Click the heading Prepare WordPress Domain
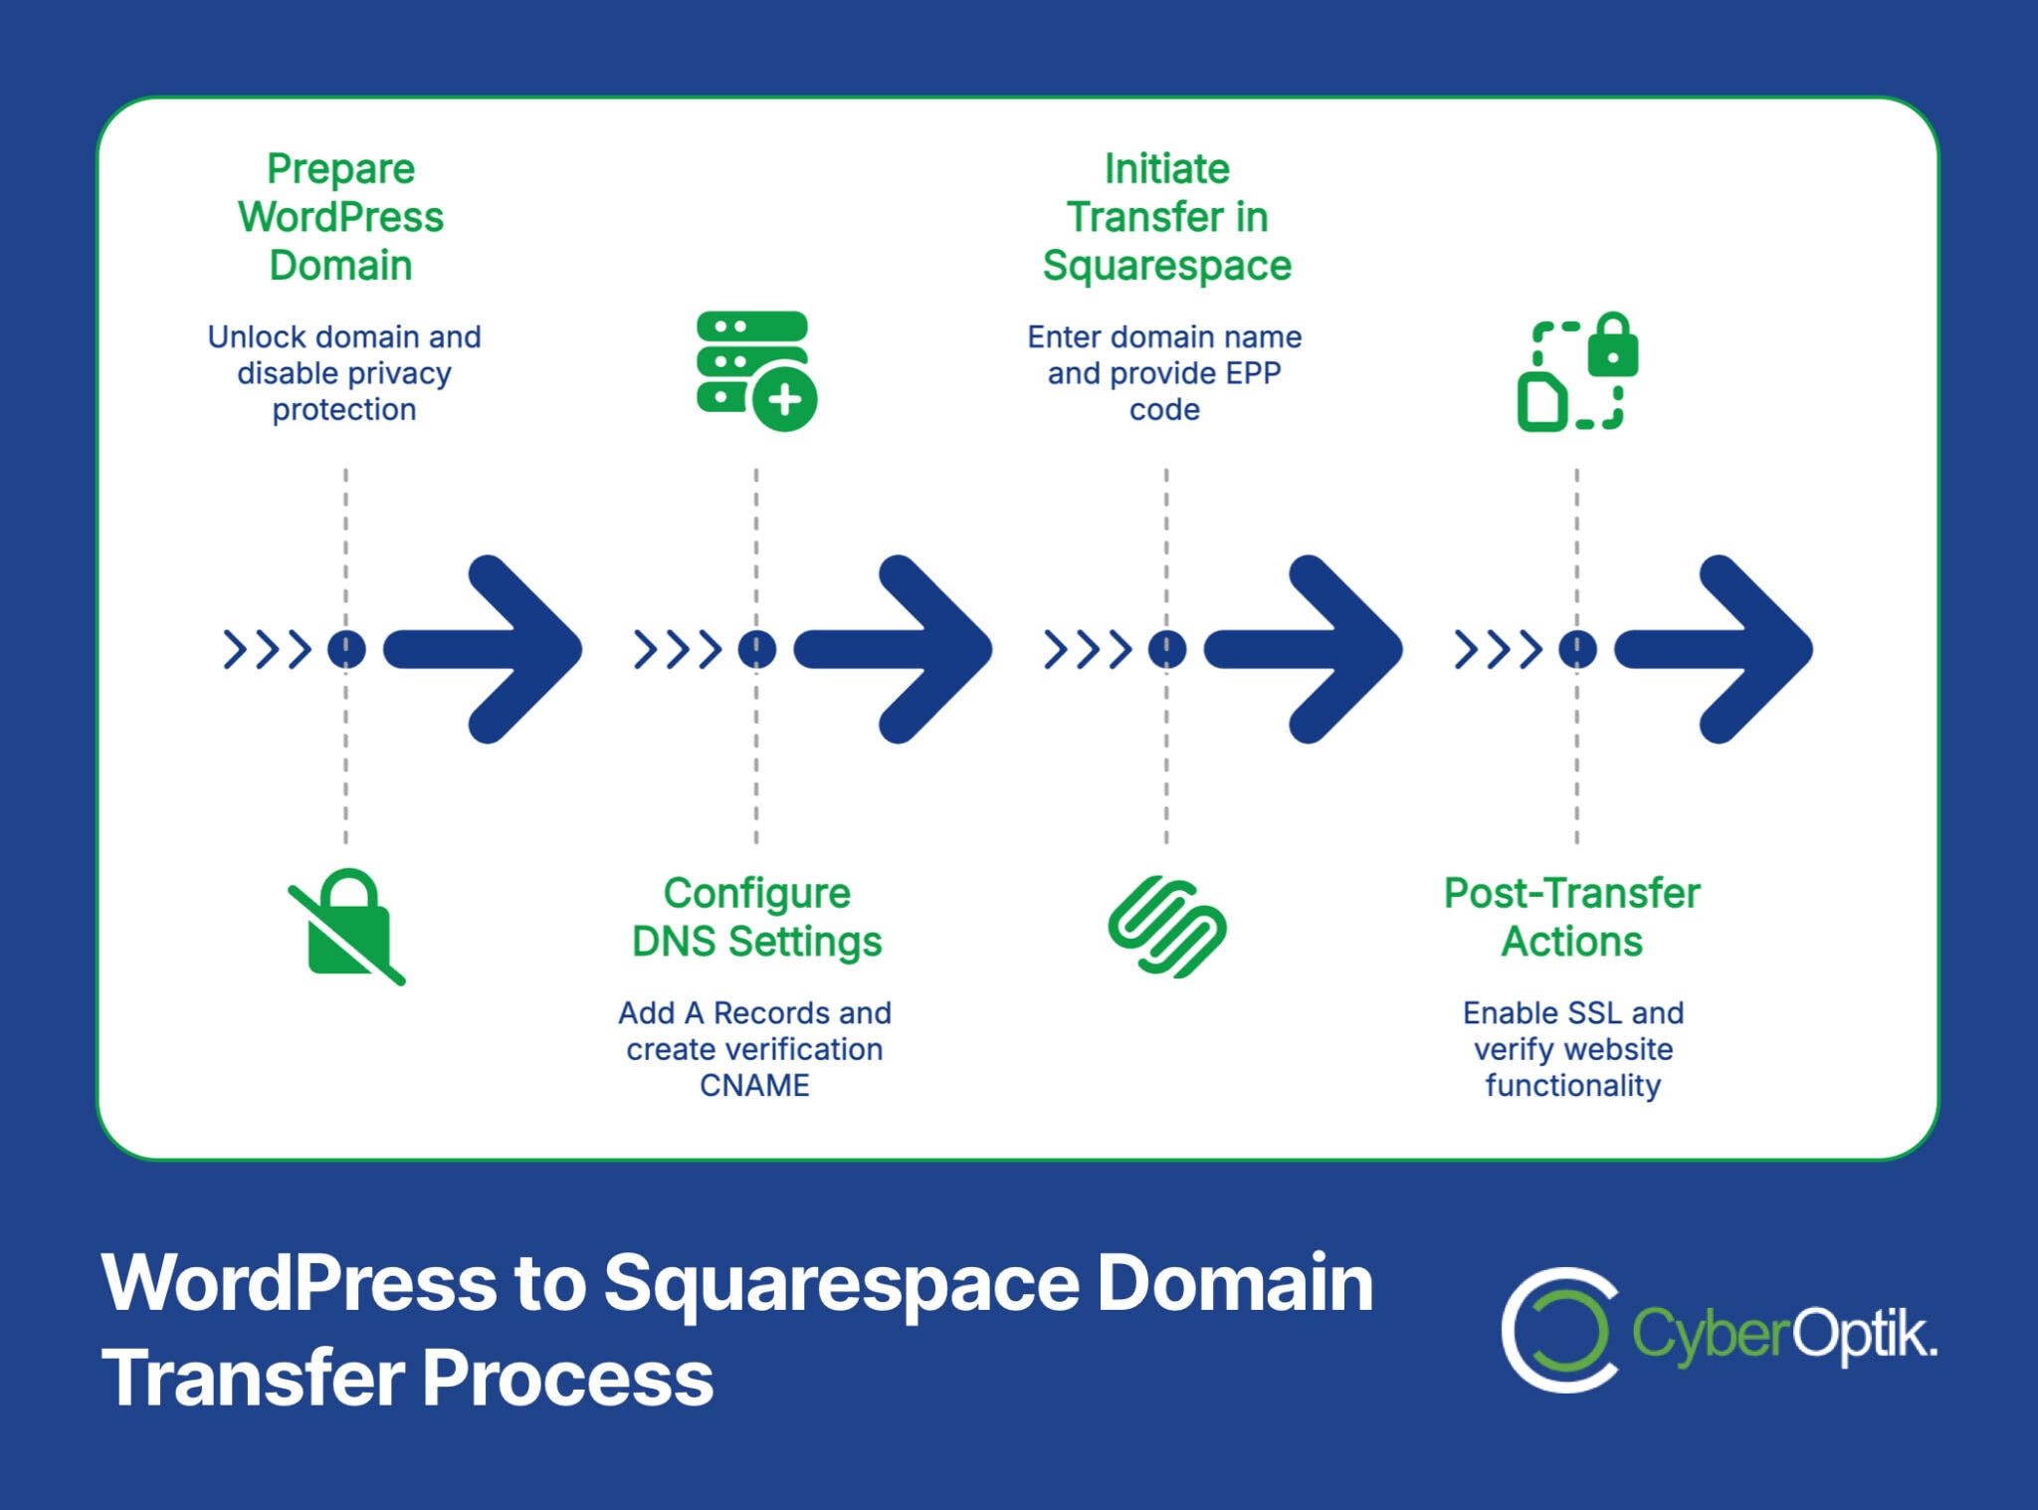(340, 217)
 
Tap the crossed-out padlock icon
(346, 927)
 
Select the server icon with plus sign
(755, 370)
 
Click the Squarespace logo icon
(1166, 927)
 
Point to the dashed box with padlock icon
(1576, 370)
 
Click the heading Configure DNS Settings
(756, 917)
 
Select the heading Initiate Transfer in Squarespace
(1166, 217)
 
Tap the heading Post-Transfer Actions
(1571, 917)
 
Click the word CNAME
(754, 1085)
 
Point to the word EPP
(1253, 373)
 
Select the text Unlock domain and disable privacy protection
(344, 373)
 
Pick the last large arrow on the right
(1714, 649)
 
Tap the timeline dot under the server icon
(756, 649)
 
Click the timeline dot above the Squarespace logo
(1166, 649)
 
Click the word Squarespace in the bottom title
(841, 1283)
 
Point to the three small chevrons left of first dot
(267, 649)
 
